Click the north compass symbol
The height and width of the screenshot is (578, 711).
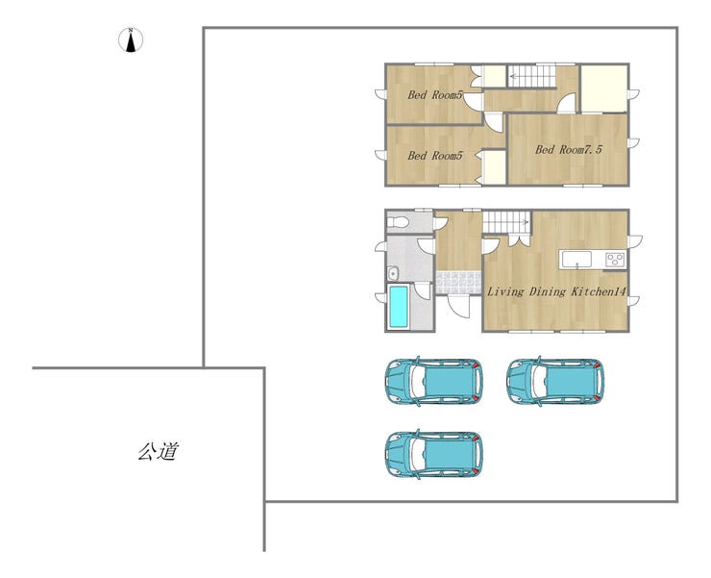coord(131,40)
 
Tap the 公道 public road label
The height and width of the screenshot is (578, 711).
coord(159,451)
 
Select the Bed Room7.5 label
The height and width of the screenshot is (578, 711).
coord(569,149)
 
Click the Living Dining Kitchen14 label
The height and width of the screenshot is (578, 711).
coord(556,291)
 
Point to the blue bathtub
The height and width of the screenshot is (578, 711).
coord(399,306)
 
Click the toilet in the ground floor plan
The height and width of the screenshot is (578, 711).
coord(398,222)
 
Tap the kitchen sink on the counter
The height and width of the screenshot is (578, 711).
coord(576,260)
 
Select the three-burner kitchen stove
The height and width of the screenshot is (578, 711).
coord(615,260)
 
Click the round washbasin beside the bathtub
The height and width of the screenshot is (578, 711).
coord(393,274)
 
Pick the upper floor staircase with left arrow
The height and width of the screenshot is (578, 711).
coord(531,76)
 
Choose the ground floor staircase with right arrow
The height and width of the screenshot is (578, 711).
coord(506,221)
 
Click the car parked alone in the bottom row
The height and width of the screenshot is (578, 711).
coord(434,454)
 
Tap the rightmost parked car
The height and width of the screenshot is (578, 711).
coord(555,381)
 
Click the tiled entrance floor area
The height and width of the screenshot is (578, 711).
coord(458,283)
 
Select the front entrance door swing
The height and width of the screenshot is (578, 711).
coord(459,306)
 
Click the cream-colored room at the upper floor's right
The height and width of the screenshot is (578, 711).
coord(604,89)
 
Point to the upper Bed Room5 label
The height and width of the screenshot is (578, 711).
coord(435,95)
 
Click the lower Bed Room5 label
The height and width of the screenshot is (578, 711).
coord(435,156)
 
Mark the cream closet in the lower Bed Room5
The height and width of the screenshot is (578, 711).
coord(493,167)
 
